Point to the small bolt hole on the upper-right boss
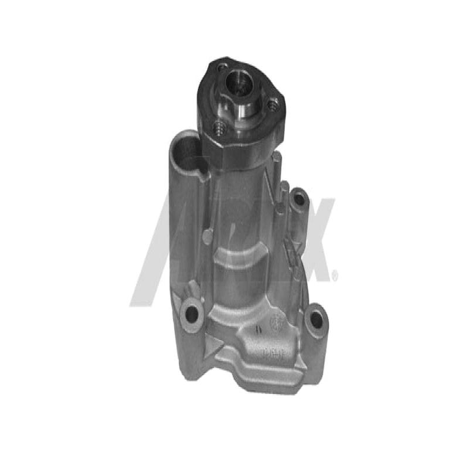pyautogui.click(x=299, y=199)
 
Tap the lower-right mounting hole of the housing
pyautogui.click(x=316, y=320)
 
